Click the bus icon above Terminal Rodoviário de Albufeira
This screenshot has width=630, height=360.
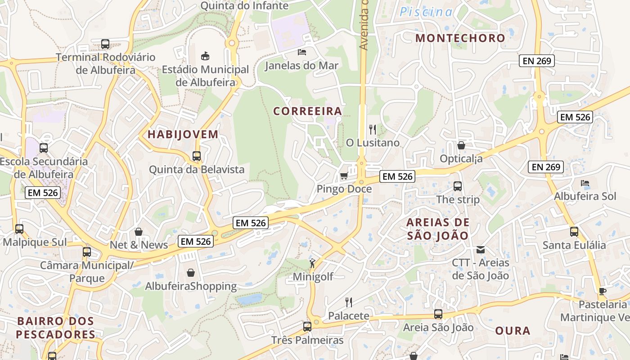(x=105, y=44)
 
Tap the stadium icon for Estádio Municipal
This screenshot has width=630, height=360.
(x=205, y=56)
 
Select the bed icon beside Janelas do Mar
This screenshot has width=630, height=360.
(x=302, y=52)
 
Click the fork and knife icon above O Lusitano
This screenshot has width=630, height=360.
(x=372, y=130)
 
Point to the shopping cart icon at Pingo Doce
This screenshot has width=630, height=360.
(x=344, y=175)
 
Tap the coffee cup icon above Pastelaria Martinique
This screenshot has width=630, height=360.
(x=603, y=291)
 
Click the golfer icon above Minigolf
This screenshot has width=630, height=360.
(x=312, y=263)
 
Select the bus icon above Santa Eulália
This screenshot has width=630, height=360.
(x=574, y=232)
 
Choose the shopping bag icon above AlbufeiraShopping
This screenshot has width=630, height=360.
(x=191, y=273)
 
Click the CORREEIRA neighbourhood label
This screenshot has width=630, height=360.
(x=308, y=111)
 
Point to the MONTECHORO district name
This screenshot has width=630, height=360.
(x=460, y=38)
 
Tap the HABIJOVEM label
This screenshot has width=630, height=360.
(x=183, y=134)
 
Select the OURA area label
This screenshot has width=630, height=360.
(x=513, y=331)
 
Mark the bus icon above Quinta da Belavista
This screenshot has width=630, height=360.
(x=197, y=156)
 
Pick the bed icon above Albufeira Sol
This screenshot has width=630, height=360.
(x=585, y=183)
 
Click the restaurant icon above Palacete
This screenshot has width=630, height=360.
(x=348, y=302)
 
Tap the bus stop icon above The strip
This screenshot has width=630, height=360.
(x=458, y=186)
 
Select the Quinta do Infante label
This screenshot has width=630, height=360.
(x=244, y=6)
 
